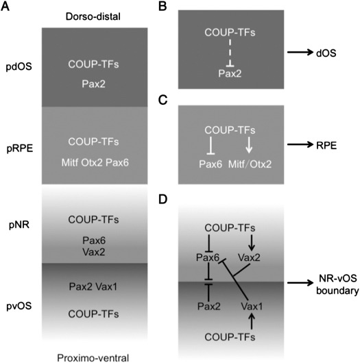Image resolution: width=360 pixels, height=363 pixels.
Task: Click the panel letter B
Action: click(x=163, y=6)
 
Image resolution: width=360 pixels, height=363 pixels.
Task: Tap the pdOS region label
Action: click(x=19, y=67)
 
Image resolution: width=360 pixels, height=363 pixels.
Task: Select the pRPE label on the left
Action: click(x=20, y=149)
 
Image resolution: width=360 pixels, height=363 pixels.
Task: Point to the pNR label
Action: click(x=19, y=225)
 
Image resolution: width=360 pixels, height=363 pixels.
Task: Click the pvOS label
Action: click(x=19, y=306)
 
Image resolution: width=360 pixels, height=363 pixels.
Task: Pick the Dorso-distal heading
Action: click(x=93, y=16)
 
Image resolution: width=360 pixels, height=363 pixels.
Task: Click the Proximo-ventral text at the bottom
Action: click(x=93, y=358)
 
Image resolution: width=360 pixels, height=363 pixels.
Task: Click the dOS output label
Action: click(x=326, y=53)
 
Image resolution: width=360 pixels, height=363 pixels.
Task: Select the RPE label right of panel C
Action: click(x=326, y=146)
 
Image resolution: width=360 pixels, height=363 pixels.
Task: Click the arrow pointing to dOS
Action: click(x=300, y=52)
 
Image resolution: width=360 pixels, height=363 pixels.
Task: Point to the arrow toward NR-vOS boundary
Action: click(x=300, y=282)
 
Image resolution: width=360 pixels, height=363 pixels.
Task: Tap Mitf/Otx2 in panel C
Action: click(x=250, y=164)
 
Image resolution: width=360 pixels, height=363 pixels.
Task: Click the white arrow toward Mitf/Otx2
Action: click(x=249, y=145)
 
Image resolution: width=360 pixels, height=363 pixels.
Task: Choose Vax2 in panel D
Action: click(x=249, y=258)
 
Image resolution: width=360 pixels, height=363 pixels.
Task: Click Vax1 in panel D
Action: click(x=252, y=307)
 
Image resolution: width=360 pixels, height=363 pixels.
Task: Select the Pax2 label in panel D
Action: click(x=209, y=307)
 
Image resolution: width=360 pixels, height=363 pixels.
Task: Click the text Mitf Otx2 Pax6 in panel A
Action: click(x=95, y=163)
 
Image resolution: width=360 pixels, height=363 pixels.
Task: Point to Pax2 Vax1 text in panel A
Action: click(x=93, y=287)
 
